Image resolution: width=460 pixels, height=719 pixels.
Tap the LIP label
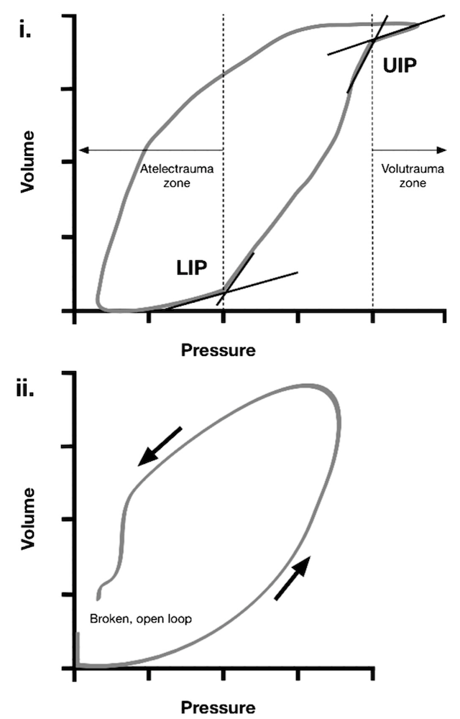point(193,267)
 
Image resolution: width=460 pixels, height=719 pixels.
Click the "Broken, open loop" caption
point(141,618)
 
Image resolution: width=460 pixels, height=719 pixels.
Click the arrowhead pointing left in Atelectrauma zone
point(83,150)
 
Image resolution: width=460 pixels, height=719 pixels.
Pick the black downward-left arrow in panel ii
point(160,446)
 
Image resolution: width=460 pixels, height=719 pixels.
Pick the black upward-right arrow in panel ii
point(294,577)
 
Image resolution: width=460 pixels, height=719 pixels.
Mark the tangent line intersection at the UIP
point(373,41)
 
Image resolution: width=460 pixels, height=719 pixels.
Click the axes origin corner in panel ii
point(75,667)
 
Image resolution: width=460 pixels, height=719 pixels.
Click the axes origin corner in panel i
point(75,311)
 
